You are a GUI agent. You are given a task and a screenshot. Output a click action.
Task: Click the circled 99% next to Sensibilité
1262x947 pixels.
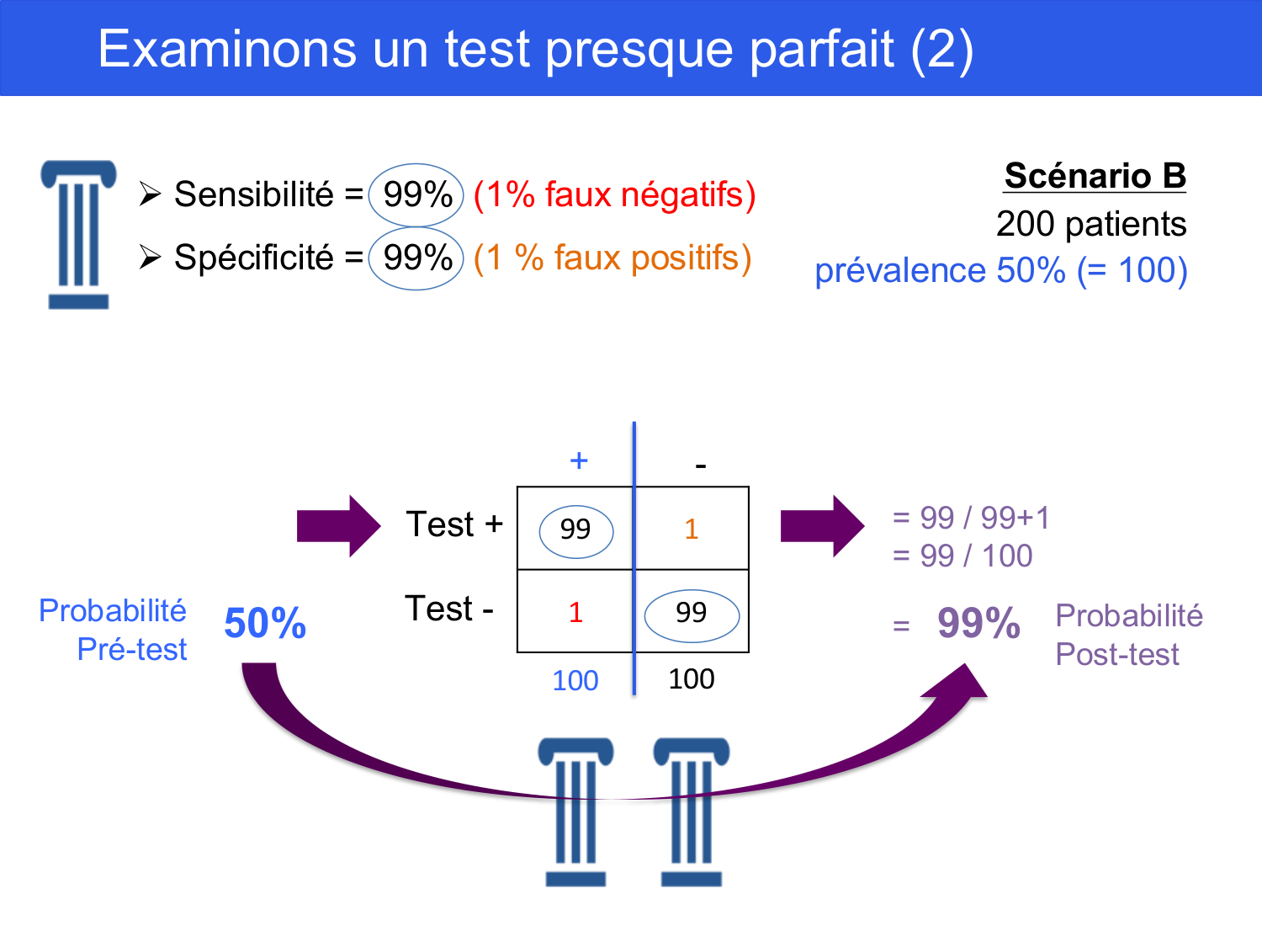[416, 195]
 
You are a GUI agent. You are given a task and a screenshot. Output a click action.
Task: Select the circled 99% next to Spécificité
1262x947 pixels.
[416, 258]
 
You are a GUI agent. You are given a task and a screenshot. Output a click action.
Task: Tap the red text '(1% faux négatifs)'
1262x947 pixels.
[614, 195]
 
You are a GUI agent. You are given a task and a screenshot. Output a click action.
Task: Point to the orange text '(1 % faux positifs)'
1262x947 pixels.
[612, 258]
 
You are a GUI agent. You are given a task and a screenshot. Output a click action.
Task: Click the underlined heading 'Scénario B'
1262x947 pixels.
[1095, 175]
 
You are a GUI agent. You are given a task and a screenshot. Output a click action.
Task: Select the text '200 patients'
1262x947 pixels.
[1091, 224]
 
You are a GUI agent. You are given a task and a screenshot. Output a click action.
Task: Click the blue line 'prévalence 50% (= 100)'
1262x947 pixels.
[1001, 270]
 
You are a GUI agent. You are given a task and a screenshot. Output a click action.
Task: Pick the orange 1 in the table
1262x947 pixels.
[691, 529]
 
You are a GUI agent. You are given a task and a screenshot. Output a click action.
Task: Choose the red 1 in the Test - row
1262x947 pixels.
[575, 612]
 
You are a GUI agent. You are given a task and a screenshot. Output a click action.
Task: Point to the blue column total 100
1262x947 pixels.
[575, 681]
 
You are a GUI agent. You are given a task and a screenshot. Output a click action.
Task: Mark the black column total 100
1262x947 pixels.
[691, 679]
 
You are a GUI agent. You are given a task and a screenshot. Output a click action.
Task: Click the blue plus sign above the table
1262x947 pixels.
[579, 460]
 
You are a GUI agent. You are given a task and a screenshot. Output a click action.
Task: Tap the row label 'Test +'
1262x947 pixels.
[454, 524]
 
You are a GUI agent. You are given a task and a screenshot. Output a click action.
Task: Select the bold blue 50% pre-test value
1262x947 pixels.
[265, 623]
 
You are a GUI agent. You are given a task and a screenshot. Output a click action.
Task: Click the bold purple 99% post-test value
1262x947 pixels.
[978, 623]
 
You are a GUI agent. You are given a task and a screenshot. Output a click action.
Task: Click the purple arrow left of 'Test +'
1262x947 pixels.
[339, 526]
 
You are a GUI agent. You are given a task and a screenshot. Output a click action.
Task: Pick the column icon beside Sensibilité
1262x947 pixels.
[79, 235]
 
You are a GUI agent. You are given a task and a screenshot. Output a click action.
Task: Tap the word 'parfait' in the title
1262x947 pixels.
[822, 50]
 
